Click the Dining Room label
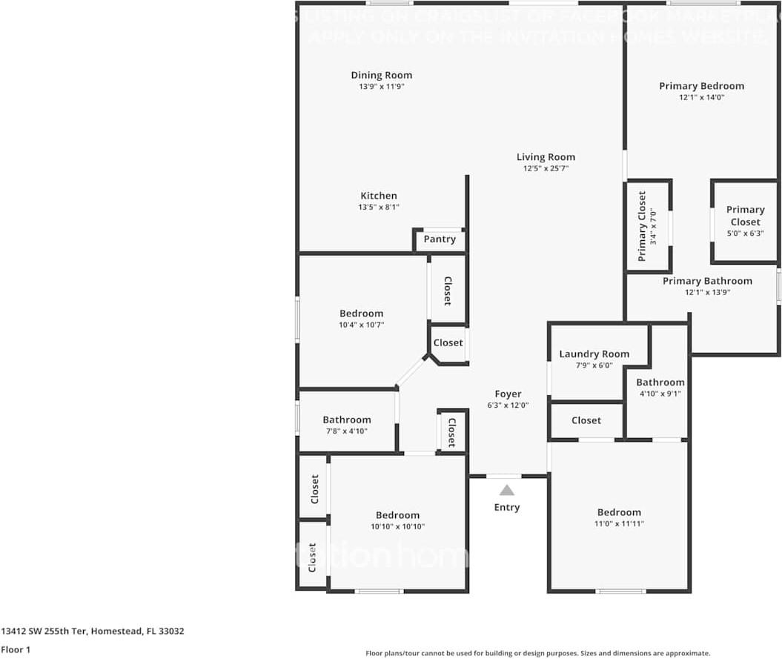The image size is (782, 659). point(381,75)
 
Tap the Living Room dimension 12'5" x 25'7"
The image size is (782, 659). point(546,168)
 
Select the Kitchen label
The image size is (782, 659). point(379,196)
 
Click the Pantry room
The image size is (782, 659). point(440,239)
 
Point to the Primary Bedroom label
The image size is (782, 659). point(701,86)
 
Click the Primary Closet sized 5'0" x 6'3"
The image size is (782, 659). point(745,221)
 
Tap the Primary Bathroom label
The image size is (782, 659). point(707,281)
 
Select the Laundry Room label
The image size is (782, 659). point(594,354)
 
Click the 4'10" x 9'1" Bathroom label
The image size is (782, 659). point(660,383)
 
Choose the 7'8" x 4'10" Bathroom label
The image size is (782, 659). point(346,420)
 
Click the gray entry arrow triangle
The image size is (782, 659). point(507,490)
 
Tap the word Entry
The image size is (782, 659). point(507,508)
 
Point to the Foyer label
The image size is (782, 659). point(508,394)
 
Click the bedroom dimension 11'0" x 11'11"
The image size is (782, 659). point(619,523)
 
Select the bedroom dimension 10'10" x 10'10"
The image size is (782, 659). point(397,526)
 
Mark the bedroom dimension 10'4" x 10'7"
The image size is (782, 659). point(361,325)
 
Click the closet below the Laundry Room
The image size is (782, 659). point(586,420)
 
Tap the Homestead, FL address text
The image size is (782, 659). point(92,632)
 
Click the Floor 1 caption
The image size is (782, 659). point(15,650)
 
